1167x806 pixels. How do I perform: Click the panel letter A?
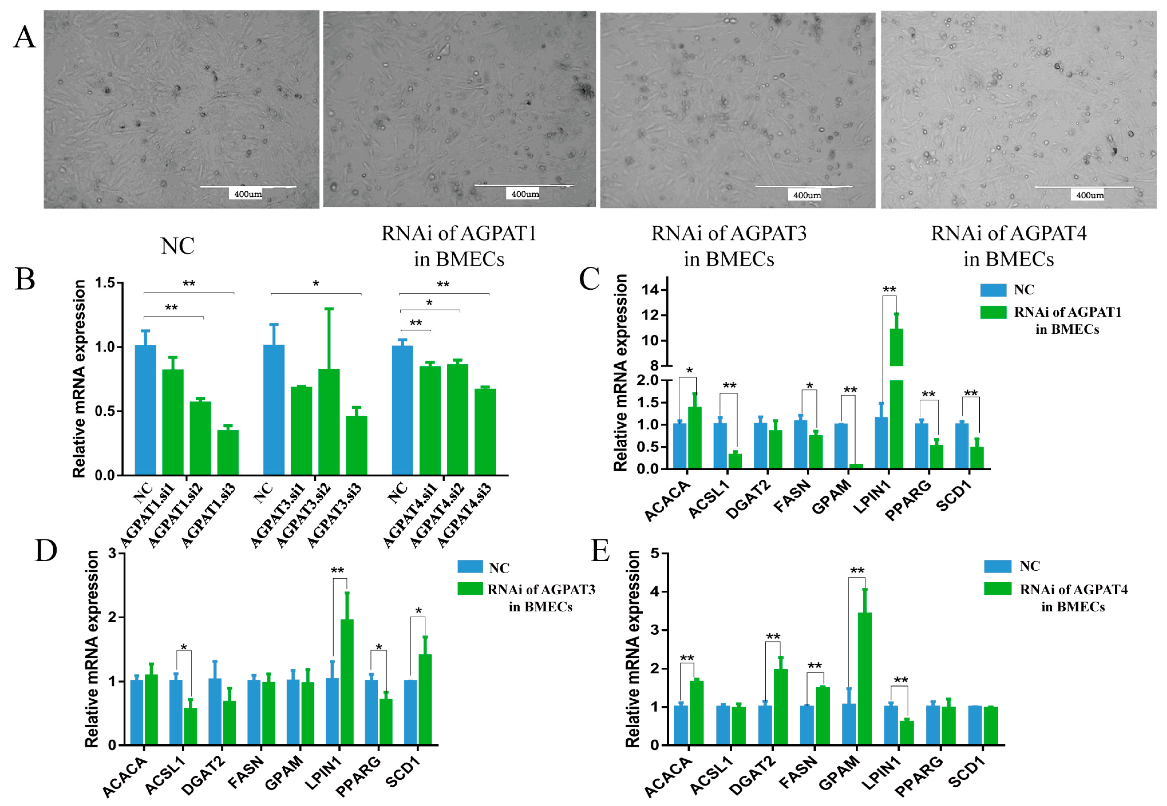tap(24, 37)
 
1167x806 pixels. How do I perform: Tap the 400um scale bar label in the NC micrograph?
tap(248, 194)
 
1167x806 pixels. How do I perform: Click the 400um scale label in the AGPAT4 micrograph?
tap(1090, 195)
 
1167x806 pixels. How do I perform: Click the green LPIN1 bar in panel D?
tap(347, 682)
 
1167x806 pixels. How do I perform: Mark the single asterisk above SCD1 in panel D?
tap(419, 611)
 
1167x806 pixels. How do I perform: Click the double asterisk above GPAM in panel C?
tap(850, 390)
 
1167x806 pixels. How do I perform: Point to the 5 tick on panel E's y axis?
tap(654, 553)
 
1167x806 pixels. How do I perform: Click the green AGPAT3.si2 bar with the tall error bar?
tap(329, 422)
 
